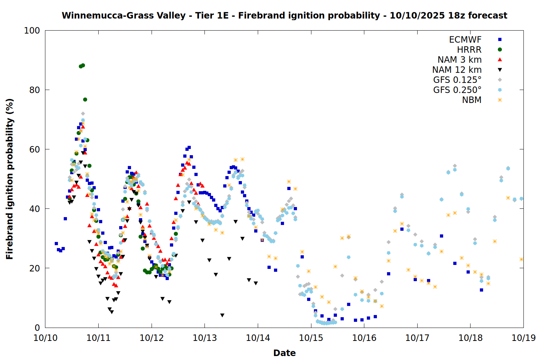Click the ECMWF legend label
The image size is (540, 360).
(x=465, y=40)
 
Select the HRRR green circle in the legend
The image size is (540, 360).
(x=500, y=50)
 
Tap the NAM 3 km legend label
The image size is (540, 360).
(x=459, y=60)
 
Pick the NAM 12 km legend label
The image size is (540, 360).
(x=457, y=70)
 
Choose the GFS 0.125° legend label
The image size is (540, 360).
(x=457, y=80)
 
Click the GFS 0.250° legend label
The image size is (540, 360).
(x=457, y=90)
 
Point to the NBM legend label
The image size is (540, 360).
(x=472, y=100)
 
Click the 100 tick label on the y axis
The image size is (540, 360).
(x=32, y=31)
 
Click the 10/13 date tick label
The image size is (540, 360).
(x=205, y=338)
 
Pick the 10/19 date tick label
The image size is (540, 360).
(x=523, y=338)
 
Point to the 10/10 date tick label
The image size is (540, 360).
(x=45, y=338)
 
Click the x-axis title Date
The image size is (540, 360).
(x=284, y=353)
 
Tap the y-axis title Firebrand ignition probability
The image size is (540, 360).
(x=10, y=179)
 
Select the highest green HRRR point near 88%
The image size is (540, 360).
(x=83, y=66)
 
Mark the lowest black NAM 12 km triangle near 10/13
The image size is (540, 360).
(x=222, y=315)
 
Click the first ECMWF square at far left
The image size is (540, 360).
(x=56, y=244)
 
